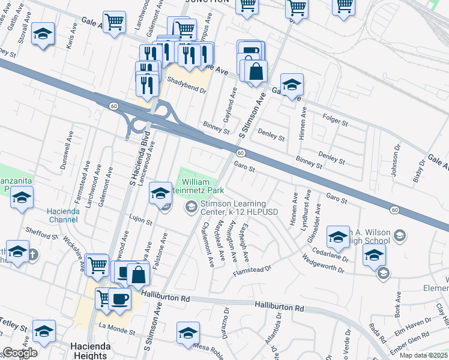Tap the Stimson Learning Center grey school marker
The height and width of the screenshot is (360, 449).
click(191, 208)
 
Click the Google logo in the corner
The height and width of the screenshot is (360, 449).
click(20, 353)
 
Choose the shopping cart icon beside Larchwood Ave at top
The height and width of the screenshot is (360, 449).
click(114, 23)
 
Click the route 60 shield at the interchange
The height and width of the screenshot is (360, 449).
click(113, 106)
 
